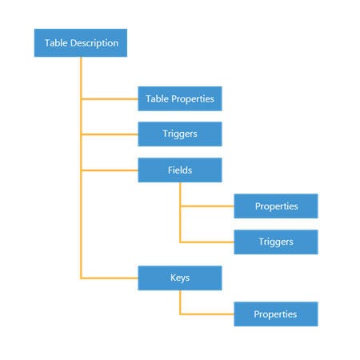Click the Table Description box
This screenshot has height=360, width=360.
pyautogui.click(x=81, y=43)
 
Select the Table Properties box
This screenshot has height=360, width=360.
pyautogui.click(x=179, y=98)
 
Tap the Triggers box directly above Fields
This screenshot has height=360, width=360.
pyautogui.click(x=179, y=134)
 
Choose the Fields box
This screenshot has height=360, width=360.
pyautogui.click(x=179, y=170)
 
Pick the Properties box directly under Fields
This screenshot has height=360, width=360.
pyautogui.click(x=276, y=206)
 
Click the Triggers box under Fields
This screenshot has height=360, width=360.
pyautogui.click(x=276, y=242)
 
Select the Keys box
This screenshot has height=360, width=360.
pyautogui.click(x=179, y=278)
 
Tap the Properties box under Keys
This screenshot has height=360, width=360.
pyautogui.click(x=276, y=314)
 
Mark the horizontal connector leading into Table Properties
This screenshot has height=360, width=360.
pyautogui.click(x=110, y=98)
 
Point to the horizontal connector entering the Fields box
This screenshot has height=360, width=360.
pyautogui.click(x=110, y=170)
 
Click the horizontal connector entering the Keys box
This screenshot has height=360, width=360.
pyautogui.click(x=110, y=278)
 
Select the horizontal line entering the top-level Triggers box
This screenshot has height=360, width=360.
pyautogui.click(x=110, y=134)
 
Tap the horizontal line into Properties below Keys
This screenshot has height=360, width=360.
pyautogui.click(x=207, y=314)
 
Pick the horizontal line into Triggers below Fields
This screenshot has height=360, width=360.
pyautogui.click(x=207, y=242)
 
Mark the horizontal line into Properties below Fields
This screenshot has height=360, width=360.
pyautogui.click(x=207, y=206)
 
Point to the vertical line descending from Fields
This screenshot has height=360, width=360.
pyautogui.click(x=180, y=216)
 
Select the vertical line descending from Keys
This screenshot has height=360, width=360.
pyautogui.click(x=180, y=302)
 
